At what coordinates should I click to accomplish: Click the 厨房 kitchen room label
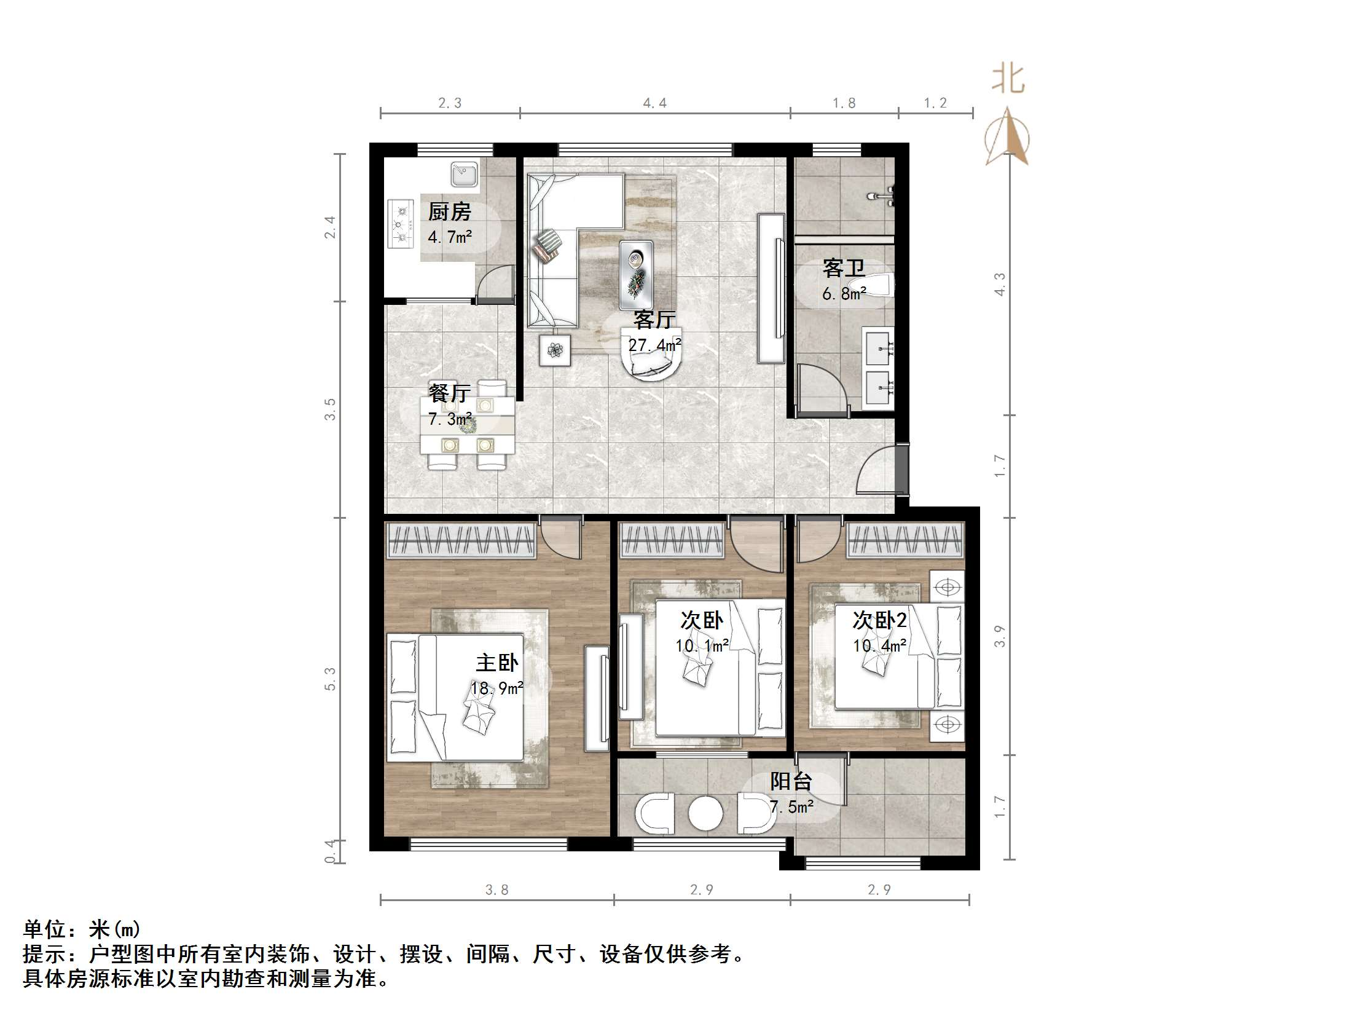449,212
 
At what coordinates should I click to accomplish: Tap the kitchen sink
465,174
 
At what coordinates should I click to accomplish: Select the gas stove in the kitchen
401,224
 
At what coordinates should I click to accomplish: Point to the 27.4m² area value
654,345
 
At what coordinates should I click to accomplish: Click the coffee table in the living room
636,274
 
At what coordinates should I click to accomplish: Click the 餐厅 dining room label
449,393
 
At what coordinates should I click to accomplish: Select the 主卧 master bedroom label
496,663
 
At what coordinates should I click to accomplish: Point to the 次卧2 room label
879,620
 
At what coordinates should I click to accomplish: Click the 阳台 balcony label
791,781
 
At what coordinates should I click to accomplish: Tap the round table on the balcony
705,813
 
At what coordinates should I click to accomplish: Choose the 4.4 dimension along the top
654,103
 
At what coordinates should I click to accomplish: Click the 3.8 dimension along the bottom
496,889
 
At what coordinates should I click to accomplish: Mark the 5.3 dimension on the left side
330,679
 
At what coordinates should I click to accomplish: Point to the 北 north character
1008,79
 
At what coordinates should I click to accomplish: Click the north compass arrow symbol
1007,138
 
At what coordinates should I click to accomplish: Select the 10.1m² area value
702,646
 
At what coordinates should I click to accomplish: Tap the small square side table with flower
555,350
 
